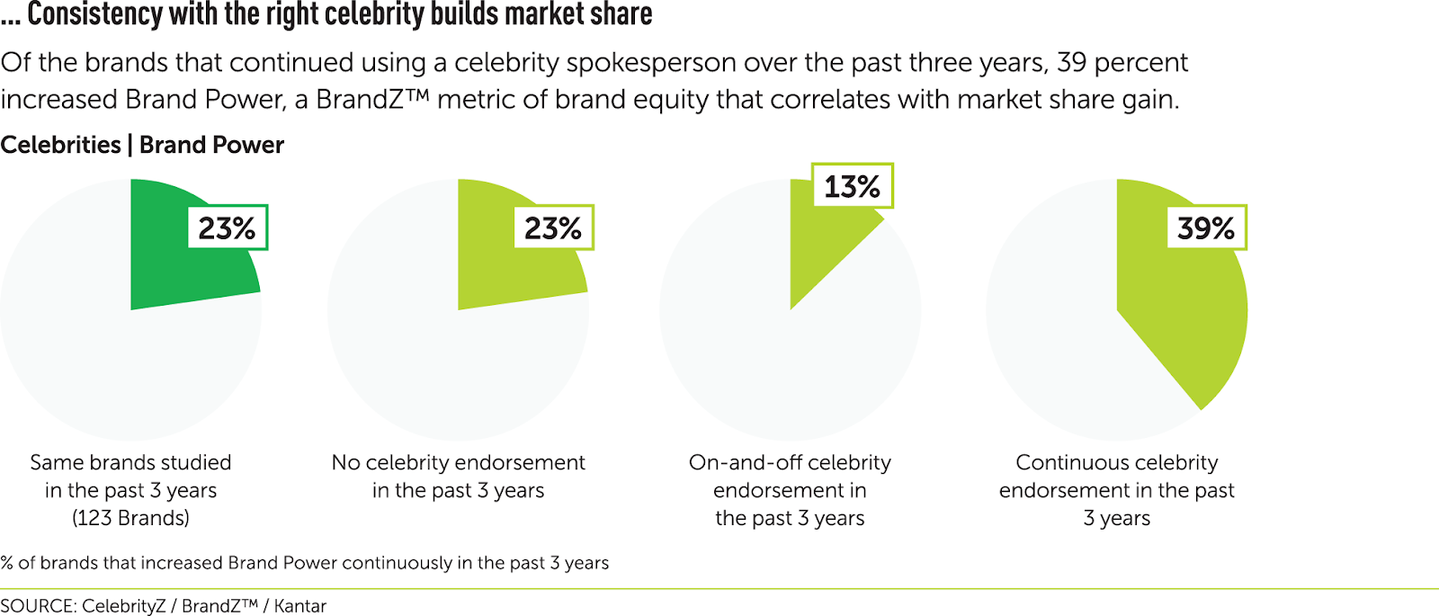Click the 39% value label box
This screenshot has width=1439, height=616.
(1205, 228)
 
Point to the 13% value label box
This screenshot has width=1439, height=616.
(852, 186)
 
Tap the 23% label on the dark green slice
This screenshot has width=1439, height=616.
(227, 228)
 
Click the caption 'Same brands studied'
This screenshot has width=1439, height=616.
(130, 462)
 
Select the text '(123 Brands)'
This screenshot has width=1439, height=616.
(130, 518)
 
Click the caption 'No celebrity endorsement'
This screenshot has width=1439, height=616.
(458, 462)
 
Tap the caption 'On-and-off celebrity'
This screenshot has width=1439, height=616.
(790, 462)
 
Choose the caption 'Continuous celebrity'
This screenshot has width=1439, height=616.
(1116, 462)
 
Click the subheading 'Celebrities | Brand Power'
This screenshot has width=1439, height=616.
(142, 145)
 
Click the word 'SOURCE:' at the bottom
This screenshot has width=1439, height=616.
(38, 606)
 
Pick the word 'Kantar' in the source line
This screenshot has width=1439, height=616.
(299, 606)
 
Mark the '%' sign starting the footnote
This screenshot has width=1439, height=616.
(7, 563)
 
